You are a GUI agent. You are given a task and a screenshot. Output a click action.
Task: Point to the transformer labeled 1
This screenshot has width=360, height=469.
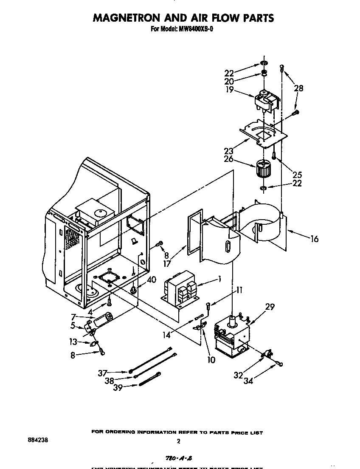point(180,291)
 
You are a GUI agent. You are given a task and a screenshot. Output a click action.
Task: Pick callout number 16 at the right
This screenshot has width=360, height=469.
point(314,239)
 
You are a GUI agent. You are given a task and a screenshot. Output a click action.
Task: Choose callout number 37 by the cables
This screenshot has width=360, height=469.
point(103,373)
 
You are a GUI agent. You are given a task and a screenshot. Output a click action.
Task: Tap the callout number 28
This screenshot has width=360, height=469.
point(298,89)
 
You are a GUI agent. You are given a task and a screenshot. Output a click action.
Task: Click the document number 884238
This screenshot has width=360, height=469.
point(37,441)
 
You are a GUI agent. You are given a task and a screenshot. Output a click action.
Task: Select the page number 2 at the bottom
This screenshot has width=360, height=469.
point(179,441)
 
